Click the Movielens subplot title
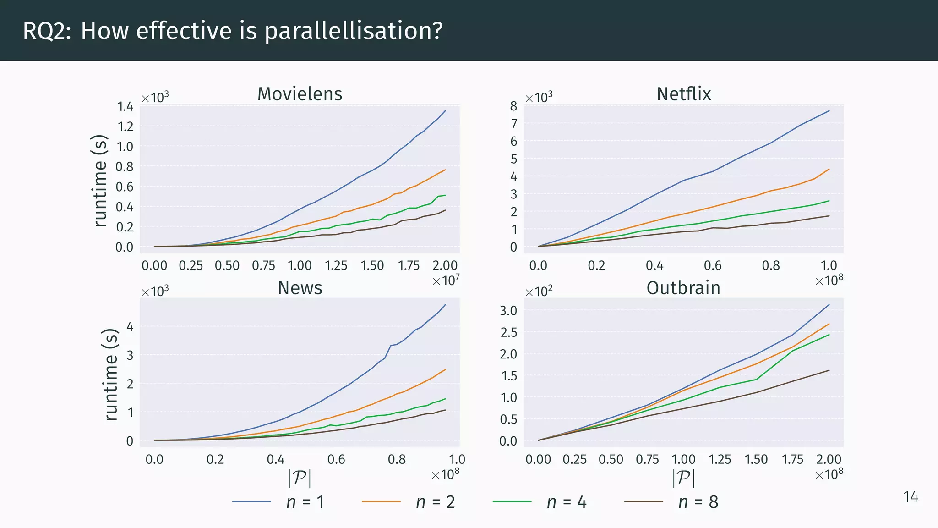300,94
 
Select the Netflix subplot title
683,94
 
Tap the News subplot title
300,288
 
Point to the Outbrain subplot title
683,288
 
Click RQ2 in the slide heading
46,31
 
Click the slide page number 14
911,497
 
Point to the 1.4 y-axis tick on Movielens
125,107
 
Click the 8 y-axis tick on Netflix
513,106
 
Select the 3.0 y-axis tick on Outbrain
508,310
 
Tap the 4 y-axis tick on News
130,327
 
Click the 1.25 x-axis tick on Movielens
336,265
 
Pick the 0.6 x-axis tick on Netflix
713,265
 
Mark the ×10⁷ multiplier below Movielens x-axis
446,280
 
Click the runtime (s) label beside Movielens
100,181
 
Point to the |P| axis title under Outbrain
683,478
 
